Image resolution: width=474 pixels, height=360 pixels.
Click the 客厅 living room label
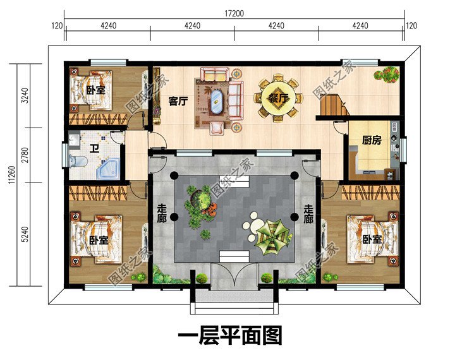click(x=179, y=100)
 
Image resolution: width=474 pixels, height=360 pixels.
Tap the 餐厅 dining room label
click(x=277, y=98)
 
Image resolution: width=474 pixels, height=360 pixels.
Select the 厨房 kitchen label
click(x=371, y=141)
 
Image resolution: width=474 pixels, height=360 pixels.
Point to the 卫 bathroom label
click(x=94, y=150)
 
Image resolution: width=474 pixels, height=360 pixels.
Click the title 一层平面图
click(x=230, y=335)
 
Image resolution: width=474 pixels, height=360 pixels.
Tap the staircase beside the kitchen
click(x=332, y=106)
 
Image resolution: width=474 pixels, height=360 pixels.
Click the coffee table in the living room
click(x=217, y=100)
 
